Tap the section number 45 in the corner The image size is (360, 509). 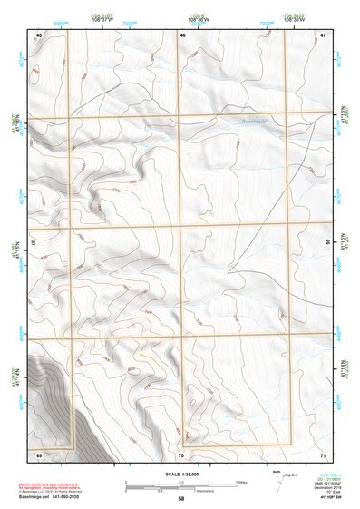click(39, 34)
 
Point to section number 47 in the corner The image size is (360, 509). click(323, 34)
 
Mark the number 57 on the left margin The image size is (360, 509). click(34, 243)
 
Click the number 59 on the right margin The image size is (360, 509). click(328, 243)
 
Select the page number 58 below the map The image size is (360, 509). click(181, 499)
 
